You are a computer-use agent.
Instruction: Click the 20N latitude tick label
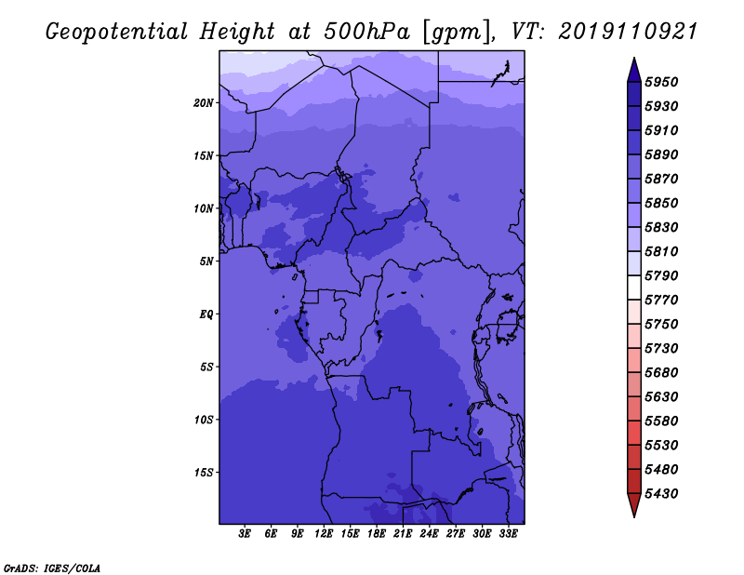coord(204,103)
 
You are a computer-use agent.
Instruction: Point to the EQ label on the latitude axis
coord(206,314)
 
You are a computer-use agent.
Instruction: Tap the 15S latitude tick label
coord(204,473)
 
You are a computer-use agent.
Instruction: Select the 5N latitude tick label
coord(206,261)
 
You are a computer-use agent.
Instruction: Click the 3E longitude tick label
coord(245,534)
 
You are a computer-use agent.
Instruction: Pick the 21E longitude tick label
coord(403,534)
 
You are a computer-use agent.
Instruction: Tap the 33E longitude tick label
coord(508,534)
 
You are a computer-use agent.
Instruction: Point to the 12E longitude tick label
coord(324,534)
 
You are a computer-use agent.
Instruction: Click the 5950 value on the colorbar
coord(661,82)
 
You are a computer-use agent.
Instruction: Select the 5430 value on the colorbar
coord(661,494)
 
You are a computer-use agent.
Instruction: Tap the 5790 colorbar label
coord(661,275)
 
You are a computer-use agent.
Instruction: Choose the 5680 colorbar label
coord(661,373)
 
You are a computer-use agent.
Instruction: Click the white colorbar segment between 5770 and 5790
coord(634,287)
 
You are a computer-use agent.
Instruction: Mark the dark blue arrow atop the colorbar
coord(634,71)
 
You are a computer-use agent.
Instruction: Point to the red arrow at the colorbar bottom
coord(634,505)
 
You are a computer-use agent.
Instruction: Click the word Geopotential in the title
coord(117,32)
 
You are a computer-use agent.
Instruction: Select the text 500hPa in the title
coord(366,32)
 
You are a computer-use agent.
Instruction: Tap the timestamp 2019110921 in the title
coord(628,32)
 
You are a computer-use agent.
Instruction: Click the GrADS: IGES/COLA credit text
coord(52,568)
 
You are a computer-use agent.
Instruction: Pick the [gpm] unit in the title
coord(456,33)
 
